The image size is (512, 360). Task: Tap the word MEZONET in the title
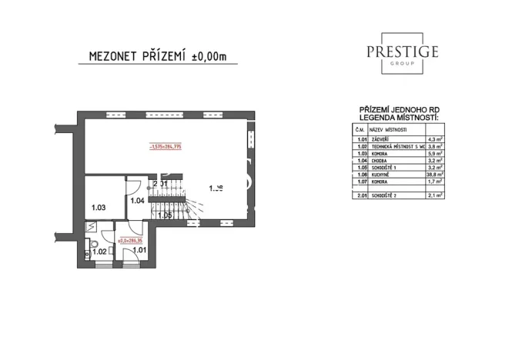[x=109, y=57]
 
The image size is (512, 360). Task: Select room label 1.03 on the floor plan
[x=98, y=208]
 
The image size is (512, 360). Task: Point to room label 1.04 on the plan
[x=137, y=201]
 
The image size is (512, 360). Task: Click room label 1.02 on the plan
[x=99, y=251]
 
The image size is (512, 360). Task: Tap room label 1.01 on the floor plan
[x=139, y=250]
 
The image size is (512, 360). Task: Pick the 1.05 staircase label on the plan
[x=164, y=215]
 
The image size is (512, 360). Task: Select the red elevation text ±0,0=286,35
[x=129, y=240]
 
